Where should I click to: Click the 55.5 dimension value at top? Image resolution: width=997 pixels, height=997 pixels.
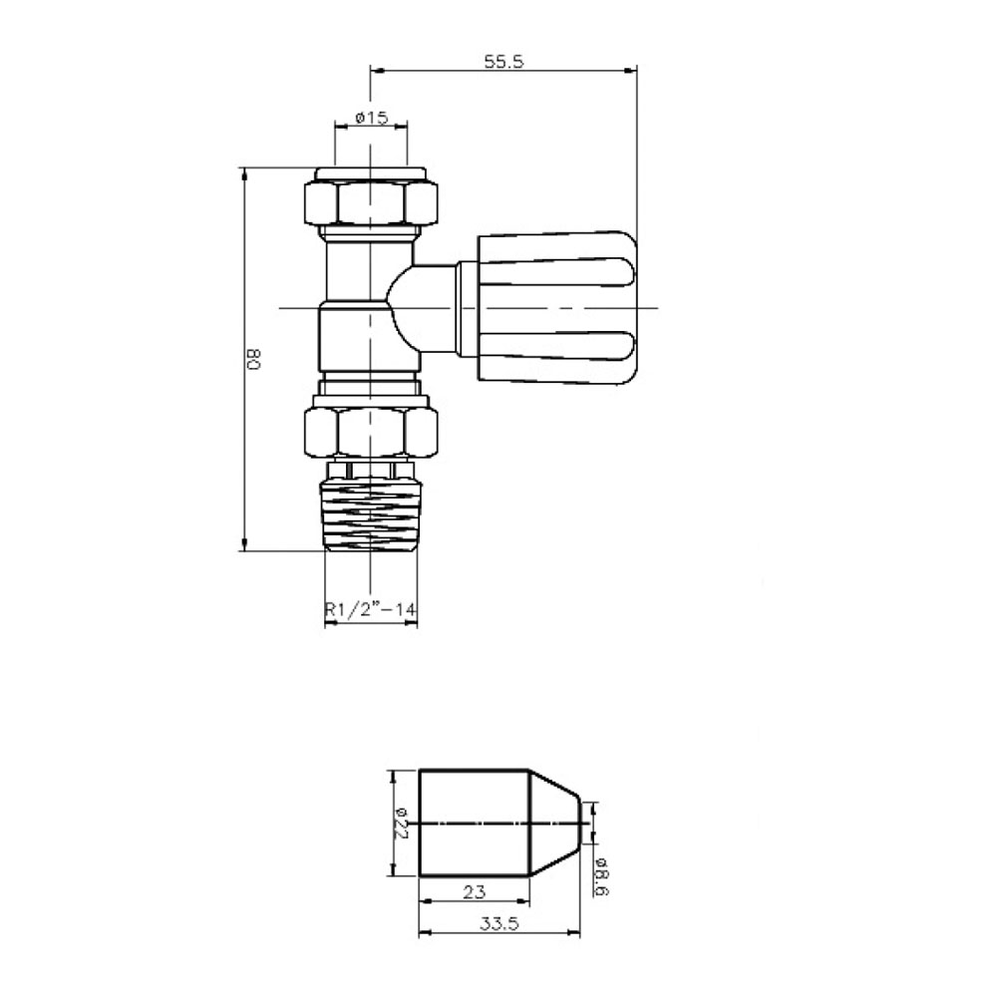tap(503, 61)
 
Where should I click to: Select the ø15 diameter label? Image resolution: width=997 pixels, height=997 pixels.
tap(370, 118)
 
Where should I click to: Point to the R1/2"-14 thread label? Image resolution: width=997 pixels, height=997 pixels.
tap(370, 610)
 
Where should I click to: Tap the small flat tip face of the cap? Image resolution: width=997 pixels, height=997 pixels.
tap(581, 823)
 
